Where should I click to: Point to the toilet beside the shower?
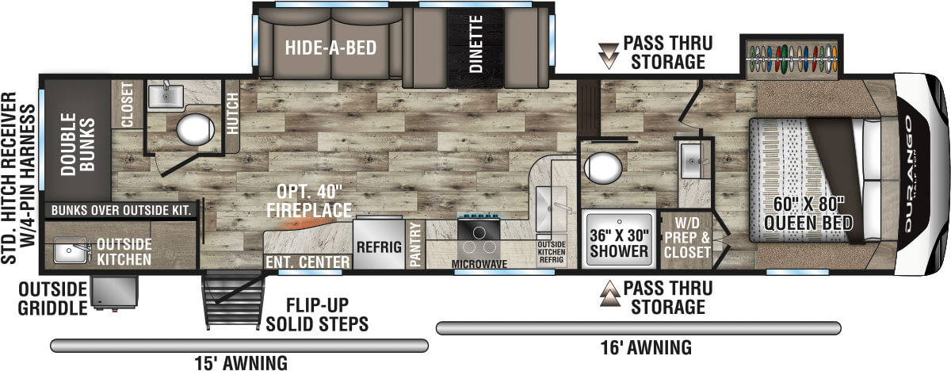607,167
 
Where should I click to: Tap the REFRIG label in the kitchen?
378,246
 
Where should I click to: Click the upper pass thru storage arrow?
609,53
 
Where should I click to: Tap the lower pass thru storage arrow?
609,296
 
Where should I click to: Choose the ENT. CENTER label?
308,262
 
